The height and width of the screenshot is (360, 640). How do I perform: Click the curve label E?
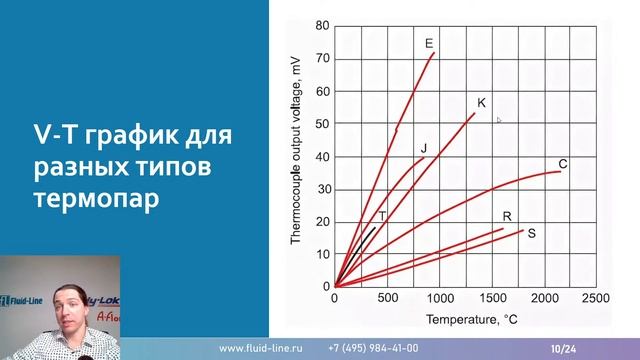click(x=428, y=42)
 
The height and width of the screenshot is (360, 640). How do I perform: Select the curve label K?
click(x=481, y=103)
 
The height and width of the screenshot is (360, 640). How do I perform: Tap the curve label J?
click(x=424, y=148)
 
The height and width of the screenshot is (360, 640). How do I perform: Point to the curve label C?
click(x=563, y=164)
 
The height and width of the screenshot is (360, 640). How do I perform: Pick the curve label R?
click(x=507, y=216)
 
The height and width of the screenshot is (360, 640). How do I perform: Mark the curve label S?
click(x=531, y=233)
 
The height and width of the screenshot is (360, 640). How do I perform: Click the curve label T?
click(x=382, y=215)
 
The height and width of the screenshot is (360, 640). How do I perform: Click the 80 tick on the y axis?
click(x=322, y=25)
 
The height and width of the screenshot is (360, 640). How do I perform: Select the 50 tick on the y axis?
click(x=322, y=123)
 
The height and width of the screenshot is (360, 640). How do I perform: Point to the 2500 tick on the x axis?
click(x=596, y=299)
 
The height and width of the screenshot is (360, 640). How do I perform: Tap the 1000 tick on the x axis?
click(x=439, y=299)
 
